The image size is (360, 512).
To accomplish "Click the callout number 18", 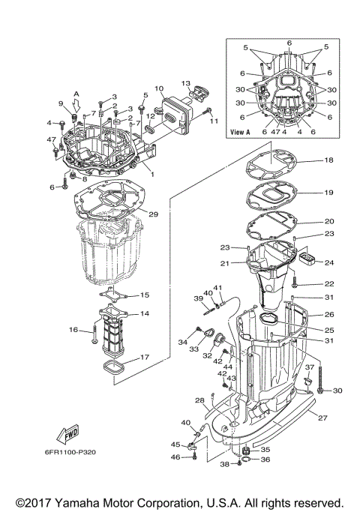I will point(328,161).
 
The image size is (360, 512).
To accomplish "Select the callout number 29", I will point(153,214).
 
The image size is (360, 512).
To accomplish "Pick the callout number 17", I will point(144,358).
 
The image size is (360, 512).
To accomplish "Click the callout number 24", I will point(329,262).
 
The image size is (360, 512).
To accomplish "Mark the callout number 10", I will point(159,89).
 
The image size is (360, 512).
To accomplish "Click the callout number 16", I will point(74,329).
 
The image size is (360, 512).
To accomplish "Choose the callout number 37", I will point(308,367).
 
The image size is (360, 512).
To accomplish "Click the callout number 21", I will point(224,263).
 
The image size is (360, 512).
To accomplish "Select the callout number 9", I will point(61,103).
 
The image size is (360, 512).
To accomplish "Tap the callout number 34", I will point(182,343).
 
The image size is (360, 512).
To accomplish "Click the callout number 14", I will point(144,313).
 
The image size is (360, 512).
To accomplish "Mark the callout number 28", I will point(201,400).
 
